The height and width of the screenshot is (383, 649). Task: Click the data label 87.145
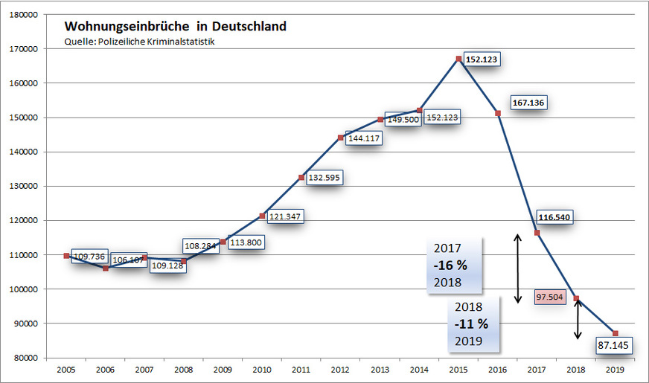point(615,346)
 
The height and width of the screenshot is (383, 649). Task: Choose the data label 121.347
point(284,216)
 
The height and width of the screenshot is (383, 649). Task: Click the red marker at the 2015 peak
point(459,58)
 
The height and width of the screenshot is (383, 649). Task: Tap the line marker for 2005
point(67,256)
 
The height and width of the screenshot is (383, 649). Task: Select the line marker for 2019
point(616,332)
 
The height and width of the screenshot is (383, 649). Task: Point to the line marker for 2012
point(341,138)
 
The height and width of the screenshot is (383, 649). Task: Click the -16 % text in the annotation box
point(452,265)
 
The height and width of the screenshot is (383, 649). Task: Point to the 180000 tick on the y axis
point(26,15)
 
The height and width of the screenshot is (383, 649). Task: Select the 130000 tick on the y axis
point(26,186)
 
